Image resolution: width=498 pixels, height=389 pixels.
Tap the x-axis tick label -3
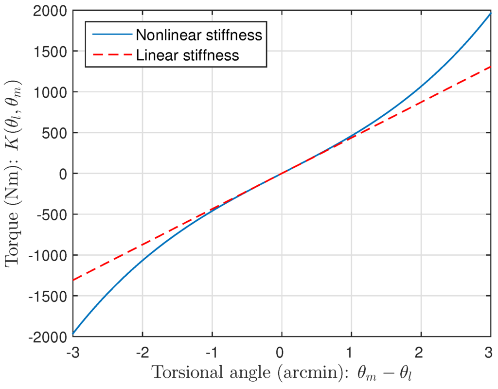73,350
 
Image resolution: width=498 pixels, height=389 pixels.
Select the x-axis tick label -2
142,350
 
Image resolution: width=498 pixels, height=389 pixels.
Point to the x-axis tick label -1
211,350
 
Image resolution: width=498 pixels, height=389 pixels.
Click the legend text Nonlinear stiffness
199,35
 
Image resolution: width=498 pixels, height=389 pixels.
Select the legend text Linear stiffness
188,55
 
